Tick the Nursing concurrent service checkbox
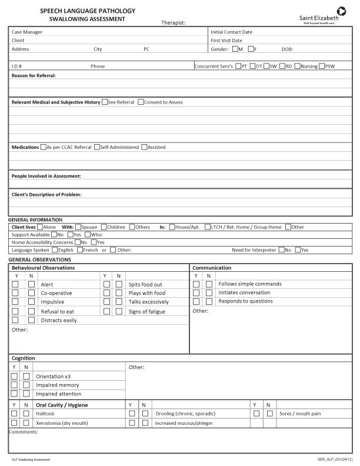coord(298,66)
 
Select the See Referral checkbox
coord(105,102)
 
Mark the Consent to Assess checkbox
coord(141,102)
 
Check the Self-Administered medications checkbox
coord(97,147)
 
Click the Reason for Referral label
coord(34,75)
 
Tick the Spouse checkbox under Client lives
coord(78,227)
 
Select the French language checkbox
coord(80,249)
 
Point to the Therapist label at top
coord(173,23)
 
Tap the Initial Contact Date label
coord(231,32)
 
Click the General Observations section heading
coord(39,259)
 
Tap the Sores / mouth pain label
coord(300,414)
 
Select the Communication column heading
coord(212,268)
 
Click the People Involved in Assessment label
coord(46,176)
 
